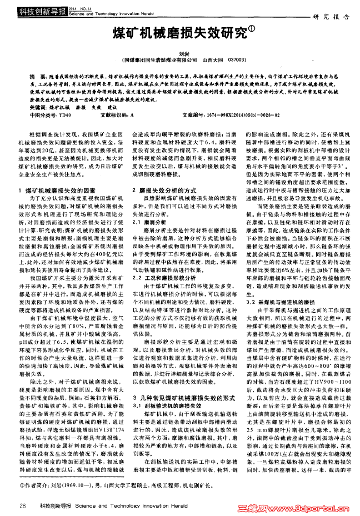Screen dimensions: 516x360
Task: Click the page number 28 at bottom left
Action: tap(23, 505)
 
